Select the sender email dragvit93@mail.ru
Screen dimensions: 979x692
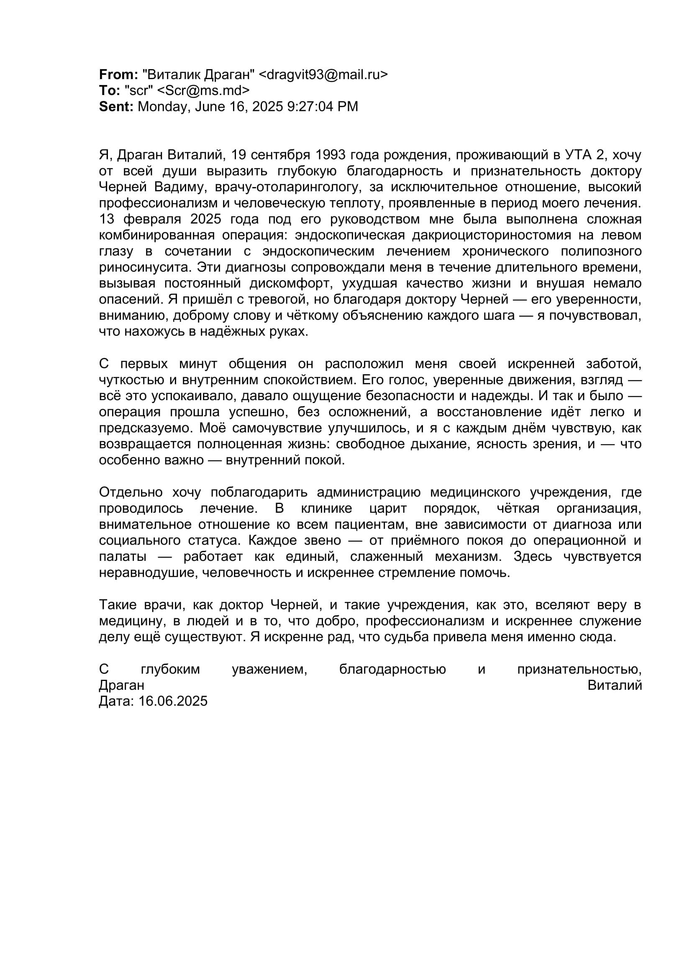[323, 75]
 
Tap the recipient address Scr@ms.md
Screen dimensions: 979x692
[203, 90]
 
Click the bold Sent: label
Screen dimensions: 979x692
[116, 106]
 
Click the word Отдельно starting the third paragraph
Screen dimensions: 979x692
[131, 492]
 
